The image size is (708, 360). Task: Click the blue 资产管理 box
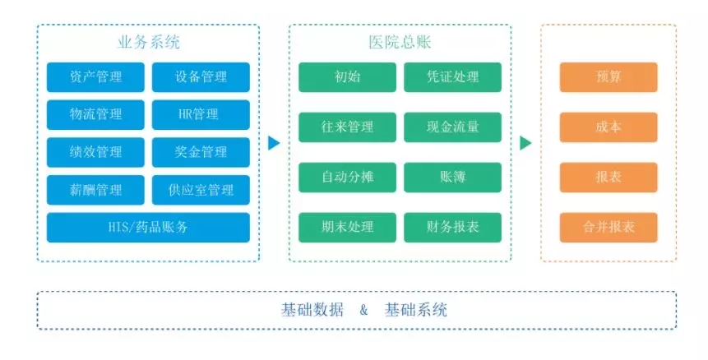pyautogui.click(x=95, y=77)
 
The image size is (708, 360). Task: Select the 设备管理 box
pyautogui.click(x=201, y=77)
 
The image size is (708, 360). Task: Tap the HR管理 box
pyautogui.click(x=201, y=114)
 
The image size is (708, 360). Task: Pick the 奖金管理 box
pyautogui.click(x=201, y=152)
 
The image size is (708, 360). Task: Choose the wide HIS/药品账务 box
pyautogui.click(x=148, y=228)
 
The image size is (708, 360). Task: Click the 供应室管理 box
pyautogui.click(x=201, y=190)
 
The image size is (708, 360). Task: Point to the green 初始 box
pyautogui.click(x=347, y=77)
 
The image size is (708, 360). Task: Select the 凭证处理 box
pyautogui.click(x=452, y=77)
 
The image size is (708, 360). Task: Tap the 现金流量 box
pyautogui.click(x=452, y=127)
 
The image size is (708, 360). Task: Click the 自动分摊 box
pyautogui.click(x=347, y=178)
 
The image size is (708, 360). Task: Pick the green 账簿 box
pyautogui.click(x=452, y=178)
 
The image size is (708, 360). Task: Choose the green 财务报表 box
pyautogui.click(x=452, y=228)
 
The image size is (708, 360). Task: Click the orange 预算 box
pyautogui.click(x=609, y=77)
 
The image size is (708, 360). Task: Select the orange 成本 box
pyautogui.click(x=609, y=127)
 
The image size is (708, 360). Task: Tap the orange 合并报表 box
pyautogui.click(x=609, y=228)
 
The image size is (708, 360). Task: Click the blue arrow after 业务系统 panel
pyautogui.click(x=274, y=143)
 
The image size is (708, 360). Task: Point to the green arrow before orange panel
pyautogui.click(x=525, y=143)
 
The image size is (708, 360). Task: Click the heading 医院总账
pyautogui.click(x=400, y=43)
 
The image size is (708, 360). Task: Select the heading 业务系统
pyautogui.click(x=149, y=43)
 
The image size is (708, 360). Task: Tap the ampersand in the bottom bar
pyautogui.click(x=364, y=311)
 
